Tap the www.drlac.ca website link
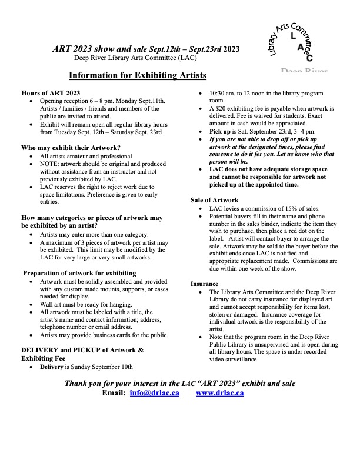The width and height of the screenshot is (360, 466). [x=219, y=393]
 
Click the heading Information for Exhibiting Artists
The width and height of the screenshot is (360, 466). [x=138, y=76]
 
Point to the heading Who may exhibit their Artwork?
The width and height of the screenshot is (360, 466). [x=71, y=147]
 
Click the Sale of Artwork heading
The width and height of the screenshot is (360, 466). [x=215, y=200]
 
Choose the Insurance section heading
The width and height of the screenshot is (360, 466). [x=205, y=284]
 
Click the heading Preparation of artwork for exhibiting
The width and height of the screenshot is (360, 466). [x=79, y=273]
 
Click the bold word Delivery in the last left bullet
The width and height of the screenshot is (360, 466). [x=52, y=367]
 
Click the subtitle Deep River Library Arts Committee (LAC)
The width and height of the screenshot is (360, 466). [x=135, y=58]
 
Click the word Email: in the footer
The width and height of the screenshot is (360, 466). [x=114, y=393]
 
